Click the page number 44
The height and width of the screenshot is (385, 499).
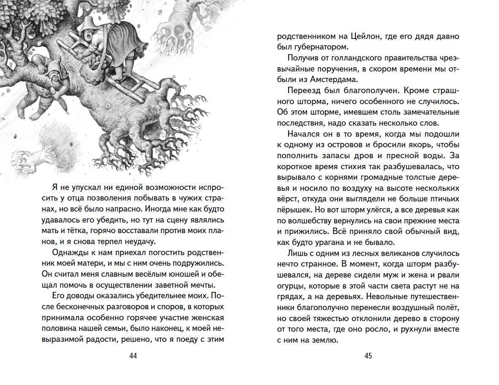coord(133,356)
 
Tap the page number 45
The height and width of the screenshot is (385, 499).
coord(368,356)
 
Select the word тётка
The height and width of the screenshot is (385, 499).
coord(86,231)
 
